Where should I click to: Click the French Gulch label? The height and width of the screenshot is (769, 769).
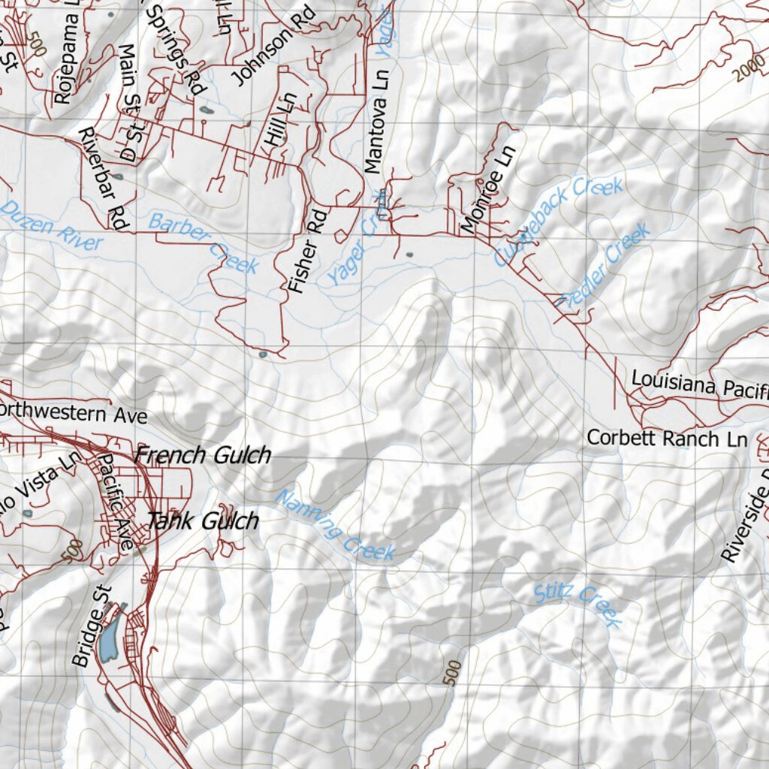[x=203, y=455]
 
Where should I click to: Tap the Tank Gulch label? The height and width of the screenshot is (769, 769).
[x=203, y=520]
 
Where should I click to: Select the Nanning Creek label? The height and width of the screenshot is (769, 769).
[x=335, y=525]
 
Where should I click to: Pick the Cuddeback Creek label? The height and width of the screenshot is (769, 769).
[x=559, y=221]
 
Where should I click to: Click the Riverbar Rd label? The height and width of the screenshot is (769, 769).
[x=104, y=178]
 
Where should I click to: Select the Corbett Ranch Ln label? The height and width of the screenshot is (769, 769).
[x=667, y=438]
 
